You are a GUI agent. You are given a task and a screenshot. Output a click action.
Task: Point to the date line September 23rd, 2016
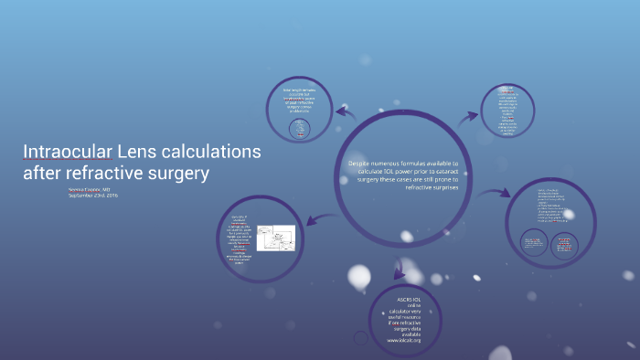point(93,196)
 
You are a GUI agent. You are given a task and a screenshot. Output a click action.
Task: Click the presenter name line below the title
point(89,188)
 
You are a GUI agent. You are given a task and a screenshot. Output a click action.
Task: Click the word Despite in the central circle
point(366,164)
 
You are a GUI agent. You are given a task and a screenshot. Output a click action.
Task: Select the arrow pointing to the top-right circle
point(468,116)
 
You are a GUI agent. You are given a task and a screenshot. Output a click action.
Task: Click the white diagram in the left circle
point(275,240)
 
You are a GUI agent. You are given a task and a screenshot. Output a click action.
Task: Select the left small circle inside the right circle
point(534,243)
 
